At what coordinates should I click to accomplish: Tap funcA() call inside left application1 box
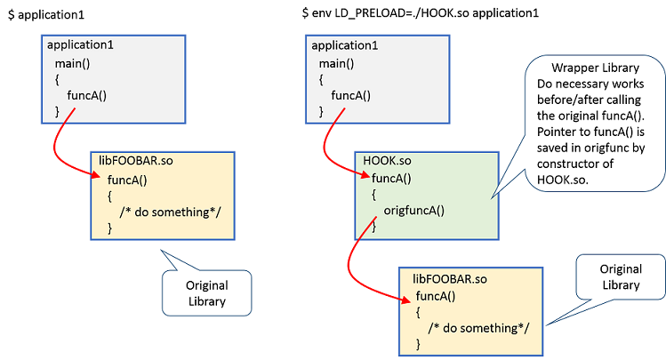(89, 95)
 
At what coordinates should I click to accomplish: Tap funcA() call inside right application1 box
(353, 95)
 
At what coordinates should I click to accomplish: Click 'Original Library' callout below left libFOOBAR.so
(206, 293)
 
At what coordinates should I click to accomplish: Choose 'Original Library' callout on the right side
(621, 277)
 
